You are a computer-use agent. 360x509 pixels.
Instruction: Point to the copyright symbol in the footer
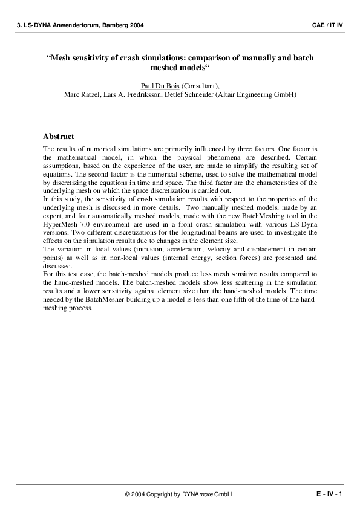point(128,494)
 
